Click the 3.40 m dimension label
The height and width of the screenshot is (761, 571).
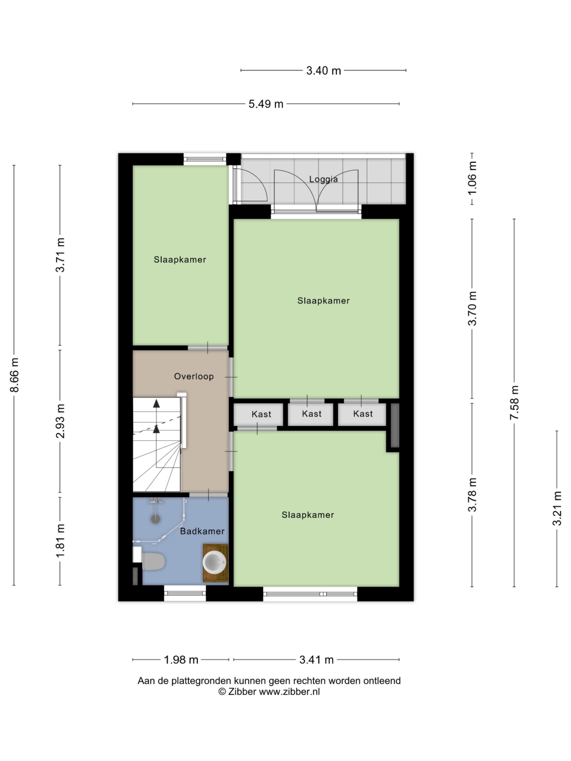point(324,71)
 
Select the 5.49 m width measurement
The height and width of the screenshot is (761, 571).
point(266,104)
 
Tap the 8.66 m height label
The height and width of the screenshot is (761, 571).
point(15,375)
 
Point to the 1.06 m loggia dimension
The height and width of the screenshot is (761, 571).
point(472,179)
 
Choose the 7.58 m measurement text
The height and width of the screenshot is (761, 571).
point(514,403)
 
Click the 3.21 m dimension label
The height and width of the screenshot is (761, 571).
point(557,508)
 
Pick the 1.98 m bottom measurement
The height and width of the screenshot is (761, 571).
point(181,660)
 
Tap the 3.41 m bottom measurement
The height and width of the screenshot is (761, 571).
point(317,660)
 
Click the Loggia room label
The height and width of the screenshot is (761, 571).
point(324,179)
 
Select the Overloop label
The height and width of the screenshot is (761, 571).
point(194,376)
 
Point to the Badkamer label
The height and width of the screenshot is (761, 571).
point(202,531)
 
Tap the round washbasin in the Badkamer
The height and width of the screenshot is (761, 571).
point(214,562)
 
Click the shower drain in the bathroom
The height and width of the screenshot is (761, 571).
point(155,519)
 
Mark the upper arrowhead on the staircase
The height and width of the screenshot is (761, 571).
point(156,403)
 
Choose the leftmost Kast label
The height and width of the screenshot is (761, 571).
point(261,414)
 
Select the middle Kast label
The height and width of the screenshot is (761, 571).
point(312,414)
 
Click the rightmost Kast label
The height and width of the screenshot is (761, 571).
point(363,414)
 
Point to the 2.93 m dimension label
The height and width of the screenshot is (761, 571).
point(60,421)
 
